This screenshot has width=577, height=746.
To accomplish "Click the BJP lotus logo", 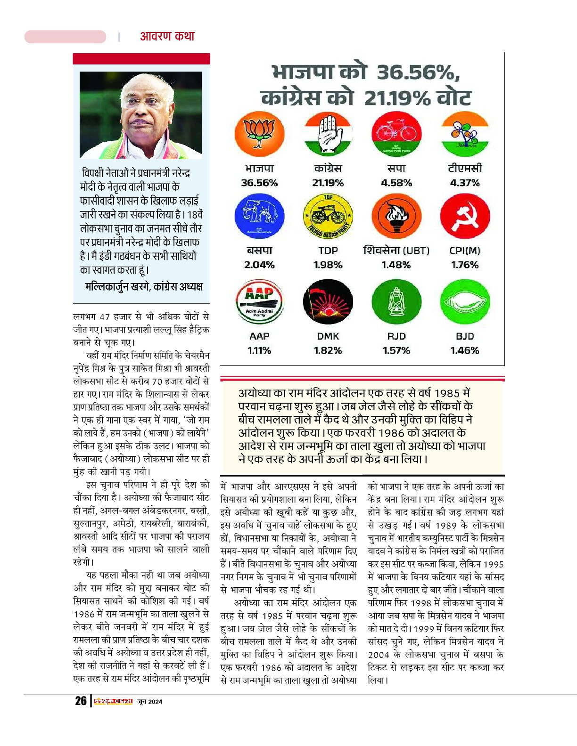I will click(259, 134).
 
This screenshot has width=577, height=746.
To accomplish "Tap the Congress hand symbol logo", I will click(328, 134).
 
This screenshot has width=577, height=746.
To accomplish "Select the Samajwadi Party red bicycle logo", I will click(396, 134).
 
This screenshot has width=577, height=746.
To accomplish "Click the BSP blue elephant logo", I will click(259, 217).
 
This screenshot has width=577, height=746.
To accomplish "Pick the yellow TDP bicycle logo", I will click(328, 217).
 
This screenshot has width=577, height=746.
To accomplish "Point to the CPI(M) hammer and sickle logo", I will click(465, 217).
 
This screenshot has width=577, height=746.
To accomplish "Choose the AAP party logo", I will click(259, 302).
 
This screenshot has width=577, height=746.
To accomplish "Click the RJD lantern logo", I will click(396, 302).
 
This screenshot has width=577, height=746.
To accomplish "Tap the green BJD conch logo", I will click(465, 302).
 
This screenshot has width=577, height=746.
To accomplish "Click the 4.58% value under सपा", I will click(396, 183).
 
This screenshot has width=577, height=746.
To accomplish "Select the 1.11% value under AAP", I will click(259, 350).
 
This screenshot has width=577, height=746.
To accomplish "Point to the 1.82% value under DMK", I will click(328, 350).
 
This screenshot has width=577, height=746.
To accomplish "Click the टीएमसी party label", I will click(465, 168).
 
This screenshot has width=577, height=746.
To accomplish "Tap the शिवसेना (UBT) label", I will click(396, 250).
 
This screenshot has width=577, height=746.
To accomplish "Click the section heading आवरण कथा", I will click(167, 36).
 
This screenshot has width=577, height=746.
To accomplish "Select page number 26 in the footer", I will click(81, 701).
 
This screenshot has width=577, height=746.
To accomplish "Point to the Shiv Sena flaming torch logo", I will click(396, 217).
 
